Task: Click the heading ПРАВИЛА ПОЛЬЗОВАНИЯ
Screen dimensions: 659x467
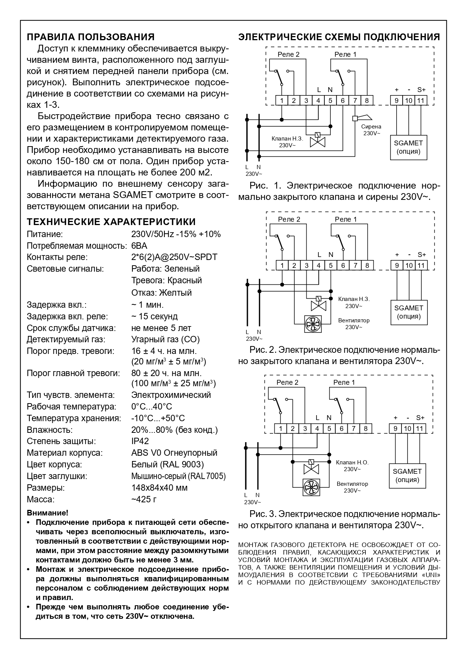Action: click(x=91, y=37)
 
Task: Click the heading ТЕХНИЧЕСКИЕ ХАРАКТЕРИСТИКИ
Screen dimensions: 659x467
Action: click(x=111, y=221)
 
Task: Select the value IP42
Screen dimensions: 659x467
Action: click(x=140, y=441)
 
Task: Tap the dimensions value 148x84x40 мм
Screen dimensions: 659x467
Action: click(x=159, y=488)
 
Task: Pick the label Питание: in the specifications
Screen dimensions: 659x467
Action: click(x=45, y=234)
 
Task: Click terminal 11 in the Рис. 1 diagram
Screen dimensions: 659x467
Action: click(x=421, y=100)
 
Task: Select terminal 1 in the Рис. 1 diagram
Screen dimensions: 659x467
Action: click(x=282, y=100)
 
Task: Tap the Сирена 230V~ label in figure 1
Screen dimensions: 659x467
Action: click(x=371, y=130)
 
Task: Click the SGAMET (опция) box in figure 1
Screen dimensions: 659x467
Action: click(x=408, y=147)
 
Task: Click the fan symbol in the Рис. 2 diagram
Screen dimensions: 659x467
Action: click(x=313, y=324)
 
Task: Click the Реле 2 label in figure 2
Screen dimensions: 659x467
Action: click(x=289, y=219)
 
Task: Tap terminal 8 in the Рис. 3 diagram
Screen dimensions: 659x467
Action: click(x=365, y=428)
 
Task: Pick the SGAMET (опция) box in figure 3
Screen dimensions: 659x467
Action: click(x=407, y=475)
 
